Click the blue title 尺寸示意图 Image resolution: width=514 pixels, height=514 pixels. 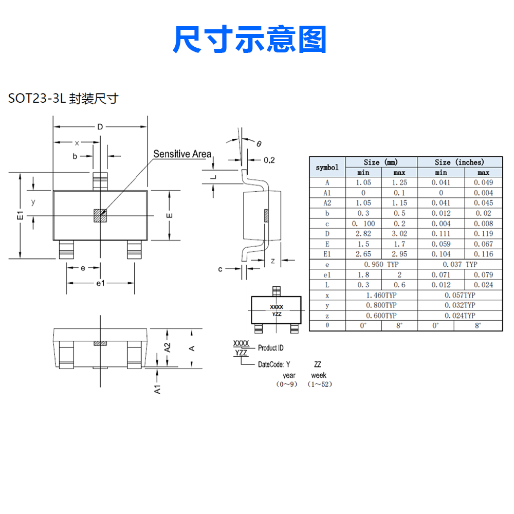[249, 39]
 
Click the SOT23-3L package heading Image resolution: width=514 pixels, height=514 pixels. [63, 98]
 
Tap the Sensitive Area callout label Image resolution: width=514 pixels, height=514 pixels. [182, 154]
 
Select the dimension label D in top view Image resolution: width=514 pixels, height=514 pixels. [100, 126]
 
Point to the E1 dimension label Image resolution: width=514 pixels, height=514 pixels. [21, 215]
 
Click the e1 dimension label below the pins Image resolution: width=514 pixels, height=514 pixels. [100, 283]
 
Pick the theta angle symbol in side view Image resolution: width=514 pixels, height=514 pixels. [259, 143]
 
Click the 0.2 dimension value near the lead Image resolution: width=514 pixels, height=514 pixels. [269, 160]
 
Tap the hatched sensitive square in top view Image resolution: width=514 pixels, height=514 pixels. [100, 215]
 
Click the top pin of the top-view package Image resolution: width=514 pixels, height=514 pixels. [100, 181]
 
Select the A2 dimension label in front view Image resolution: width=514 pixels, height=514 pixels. [168, 347]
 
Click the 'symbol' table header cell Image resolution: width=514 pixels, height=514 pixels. [327, 167]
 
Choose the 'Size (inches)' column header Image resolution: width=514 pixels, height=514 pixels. [460, 162]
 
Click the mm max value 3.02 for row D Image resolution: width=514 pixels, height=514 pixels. [399, 234]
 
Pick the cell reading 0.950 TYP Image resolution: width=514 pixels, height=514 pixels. [381, 265]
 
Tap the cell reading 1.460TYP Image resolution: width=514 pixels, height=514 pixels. [381, 296]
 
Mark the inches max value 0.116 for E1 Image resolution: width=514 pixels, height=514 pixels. [483, 254]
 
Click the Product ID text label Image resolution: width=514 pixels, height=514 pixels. [270, 348]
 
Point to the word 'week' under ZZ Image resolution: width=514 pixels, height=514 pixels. [319, 375]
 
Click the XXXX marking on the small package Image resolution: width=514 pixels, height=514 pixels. [277, 307]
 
